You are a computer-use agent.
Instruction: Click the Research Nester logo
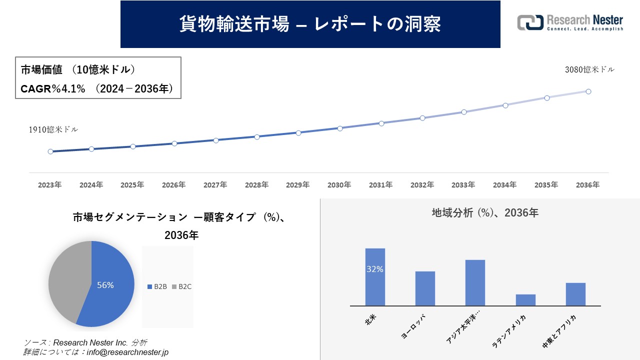coord(570,23)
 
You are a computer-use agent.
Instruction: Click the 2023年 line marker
coord(50,151)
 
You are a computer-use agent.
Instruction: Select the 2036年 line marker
coord(588,91)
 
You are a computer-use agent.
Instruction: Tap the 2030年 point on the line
coord(340,128)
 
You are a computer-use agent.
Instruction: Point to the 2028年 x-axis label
coord(256,185)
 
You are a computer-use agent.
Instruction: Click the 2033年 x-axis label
coord(463,185)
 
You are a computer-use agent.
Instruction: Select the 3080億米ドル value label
coord(589,70)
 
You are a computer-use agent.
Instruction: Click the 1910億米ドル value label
coord(53,129)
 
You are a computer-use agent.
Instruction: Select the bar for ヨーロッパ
coord(425,288)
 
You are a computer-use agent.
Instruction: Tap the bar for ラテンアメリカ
coord(525,300)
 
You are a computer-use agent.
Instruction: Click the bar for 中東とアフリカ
coord(575,294)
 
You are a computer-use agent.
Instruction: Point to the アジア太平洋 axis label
coord(462,330)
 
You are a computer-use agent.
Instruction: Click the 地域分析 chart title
coord(484,213)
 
